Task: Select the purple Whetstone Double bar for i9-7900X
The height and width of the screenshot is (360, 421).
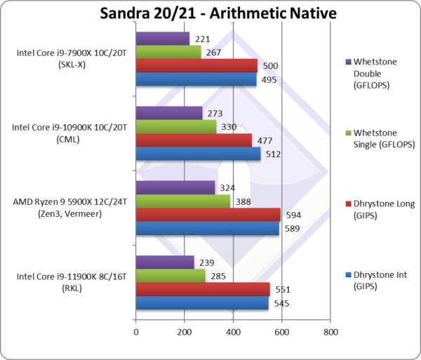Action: [162, 39]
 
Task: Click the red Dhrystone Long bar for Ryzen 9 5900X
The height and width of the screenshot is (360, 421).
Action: [208, 214]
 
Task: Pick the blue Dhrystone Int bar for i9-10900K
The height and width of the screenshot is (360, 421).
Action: [198, 154]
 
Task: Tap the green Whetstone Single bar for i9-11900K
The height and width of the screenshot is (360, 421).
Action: [170, 275]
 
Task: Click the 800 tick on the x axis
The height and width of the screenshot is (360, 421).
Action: [330, 332]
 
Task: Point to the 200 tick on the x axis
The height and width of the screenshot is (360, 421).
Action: [185, 332]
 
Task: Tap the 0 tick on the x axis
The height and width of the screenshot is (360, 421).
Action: [135, 332]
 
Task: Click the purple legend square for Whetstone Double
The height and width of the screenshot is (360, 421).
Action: [349, 61]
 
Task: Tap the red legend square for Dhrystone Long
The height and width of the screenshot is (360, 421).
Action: [349, 204]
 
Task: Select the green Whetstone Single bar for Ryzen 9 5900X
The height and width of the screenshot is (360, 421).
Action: [183, 201]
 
